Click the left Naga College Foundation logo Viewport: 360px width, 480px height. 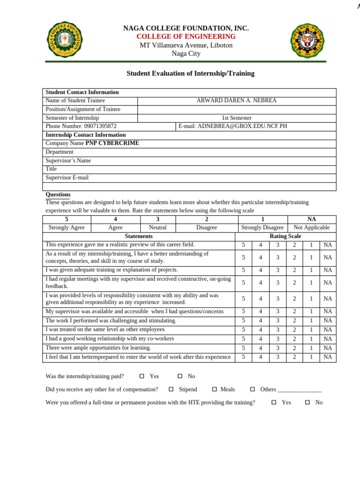(x=64, y=40)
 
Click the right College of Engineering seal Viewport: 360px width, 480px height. (x=307, y=40)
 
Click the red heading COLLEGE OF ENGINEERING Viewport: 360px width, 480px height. (x=186, y=37)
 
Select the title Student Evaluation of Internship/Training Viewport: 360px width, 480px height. (x=190, y=74)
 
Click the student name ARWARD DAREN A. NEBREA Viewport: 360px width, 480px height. (x=236, y=101)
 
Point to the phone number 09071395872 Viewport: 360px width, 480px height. (x=100, y=127)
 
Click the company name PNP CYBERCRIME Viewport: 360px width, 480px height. (x=112, y=143)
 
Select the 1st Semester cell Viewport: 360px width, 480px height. (x=236, y=118)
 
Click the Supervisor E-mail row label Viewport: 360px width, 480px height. (x=67, y=178)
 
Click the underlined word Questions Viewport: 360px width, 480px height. (x=58, y=195)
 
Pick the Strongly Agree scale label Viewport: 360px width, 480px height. (x=67, y=228)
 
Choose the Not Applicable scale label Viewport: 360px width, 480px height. (x=311, y=228)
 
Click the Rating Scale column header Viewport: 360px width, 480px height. (x=285, y=236)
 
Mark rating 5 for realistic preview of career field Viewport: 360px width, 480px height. (x=243, y=245)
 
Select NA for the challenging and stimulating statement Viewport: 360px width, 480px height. (x=328, y=321)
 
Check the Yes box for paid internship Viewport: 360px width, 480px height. (x=142, y=376)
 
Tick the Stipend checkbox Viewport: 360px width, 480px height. (x=171, y=390)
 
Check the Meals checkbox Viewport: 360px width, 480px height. (x=214, y=390)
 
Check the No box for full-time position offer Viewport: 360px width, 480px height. (x=307, y=403)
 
